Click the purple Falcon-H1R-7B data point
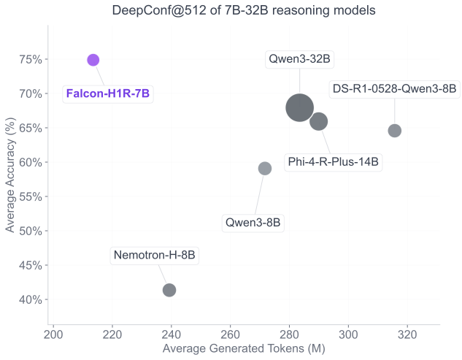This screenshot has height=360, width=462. tap(93, 60)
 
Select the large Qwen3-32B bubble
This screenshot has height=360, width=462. tap(299, 107)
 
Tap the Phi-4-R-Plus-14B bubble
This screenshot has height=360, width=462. tap(318, 121)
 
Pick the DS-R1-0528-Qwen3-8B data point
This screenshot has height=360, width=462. tap(395, 131)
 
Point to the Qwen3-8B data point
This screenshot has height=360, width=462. tap(265, 169)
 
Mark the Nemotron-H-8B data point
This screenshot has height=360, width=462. tap(169, 290)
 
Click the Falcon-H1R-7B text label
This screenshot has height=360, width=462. tap(109, 93)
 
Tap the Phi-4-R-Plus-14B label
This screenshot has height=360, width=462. tap(334, 162)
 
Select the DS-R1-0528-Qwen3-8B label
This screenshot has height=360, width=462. tap(394, 89)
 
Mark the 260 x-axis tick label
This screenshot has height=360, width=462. tap(231, 336)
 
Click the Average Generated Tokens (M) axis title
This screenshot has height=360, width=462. tap(244, 350)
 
